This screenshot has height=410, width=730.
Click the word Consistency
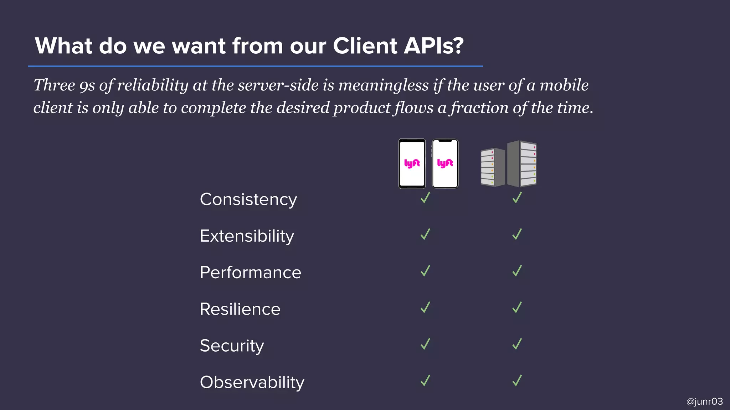click(248, 199)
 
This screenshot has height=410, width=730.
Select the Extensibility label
click(247, 236)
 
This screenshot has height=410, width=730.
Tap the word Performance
click(250, 273)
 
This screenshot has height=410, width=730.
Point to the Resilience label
click(240, 309)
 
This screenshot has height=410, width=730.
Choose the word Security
click(232, 346)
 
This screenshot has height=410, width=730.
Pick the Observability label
click(252, 383)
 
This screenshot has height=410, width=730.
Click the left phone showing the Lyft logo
click(412, 164)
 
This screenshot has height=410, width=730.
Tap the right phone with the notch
click(445, 164)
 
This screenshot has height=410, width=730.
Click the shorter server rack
click(493, 167)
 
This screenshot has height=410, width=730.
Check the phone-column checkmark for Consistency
click(425, 198)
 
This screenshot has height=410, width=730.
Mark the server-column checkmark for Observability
click(517, 380)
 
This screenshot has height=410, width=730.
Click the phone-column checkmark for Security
click(425, 344)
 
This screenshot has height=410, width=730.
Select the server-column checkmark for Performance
click(517, 271)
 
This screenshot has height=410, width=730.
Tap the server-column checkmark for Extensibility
click(517, 234)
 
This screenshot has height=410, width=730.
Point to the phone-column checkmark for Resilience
click(425, 307)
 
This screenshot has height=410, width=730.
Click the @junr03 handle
click(704, 401)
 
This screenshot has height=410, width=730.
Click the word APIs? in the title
click(433, 46)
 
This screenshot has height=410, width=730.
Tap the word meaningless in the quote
click(383, 85)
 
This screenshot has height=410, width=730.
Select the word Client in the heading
click(365, 46)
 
